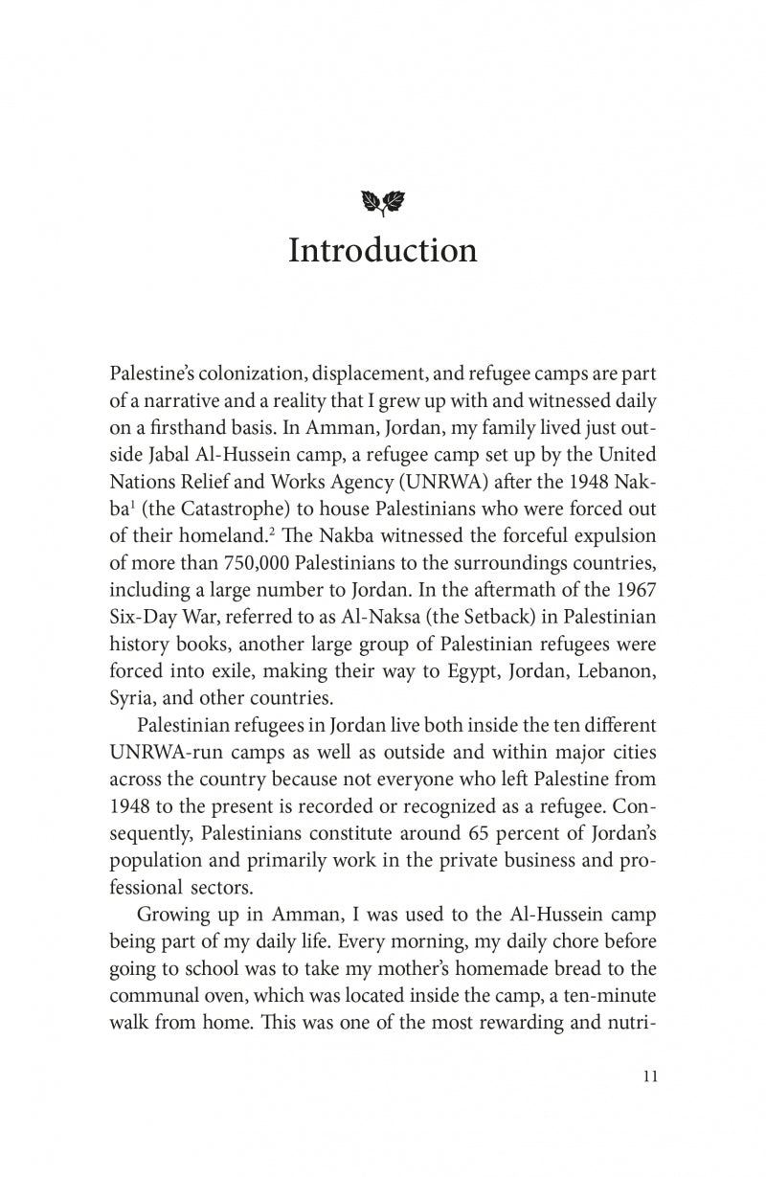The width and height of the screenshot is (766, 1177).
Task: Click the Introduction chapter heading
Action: (x=382, y=251)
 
